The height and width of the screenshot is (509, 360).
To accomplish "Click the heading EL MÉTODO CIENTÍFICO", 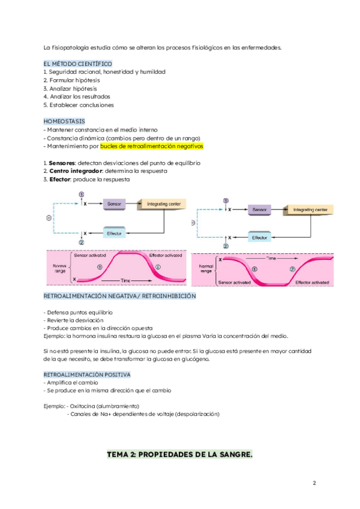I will pyautogui.click(x=78, y=64).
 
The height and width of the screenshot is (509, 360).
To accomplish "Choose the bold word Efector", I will pyautogui.click(x=61, y=179).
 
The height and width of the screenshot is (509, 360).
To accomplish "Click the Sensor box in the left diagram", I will pyautogui.click(x=114, y=205).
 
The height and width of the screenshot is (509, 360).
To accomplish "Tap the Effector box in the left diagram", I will pyautogui.click(x=114, y=233).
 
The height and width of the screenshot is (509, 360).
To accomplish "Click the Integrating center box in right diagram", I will pyautogui.click(x=310, y=210).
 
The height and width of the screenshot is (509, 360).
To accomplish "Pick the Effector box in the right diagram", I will pyautogui.click(x=260, y=238).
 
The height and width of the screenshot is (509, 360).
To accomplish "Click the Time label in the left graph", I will pyautogui.click(x=125, y=281).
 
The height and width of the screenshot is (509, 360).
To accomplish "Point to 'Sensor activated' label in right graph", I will pyautogui.click(x=235, y=281).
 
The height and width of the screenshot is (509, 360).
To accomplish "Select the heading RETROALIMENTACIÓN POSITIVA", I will pyautogui.click(x=87, y=375).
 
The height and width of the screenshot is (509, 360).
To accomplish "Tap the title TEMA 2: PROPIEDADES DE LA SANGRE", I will pyautogui.click(x=179, y=454).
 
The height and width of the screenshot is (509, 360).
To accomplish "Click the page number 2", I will pyautogui.click(x=314, y=483).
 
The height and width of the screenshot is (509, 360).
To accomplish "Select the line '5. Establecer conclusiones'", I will pyautogui.click(x=78, y=105).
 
